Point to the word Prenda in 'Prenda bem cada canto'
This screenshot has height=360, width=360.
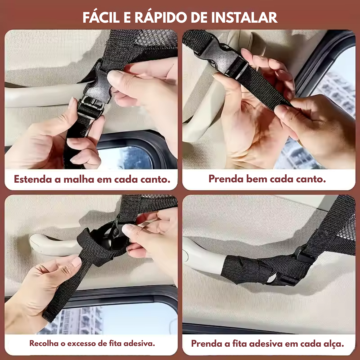click(226, 179)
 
